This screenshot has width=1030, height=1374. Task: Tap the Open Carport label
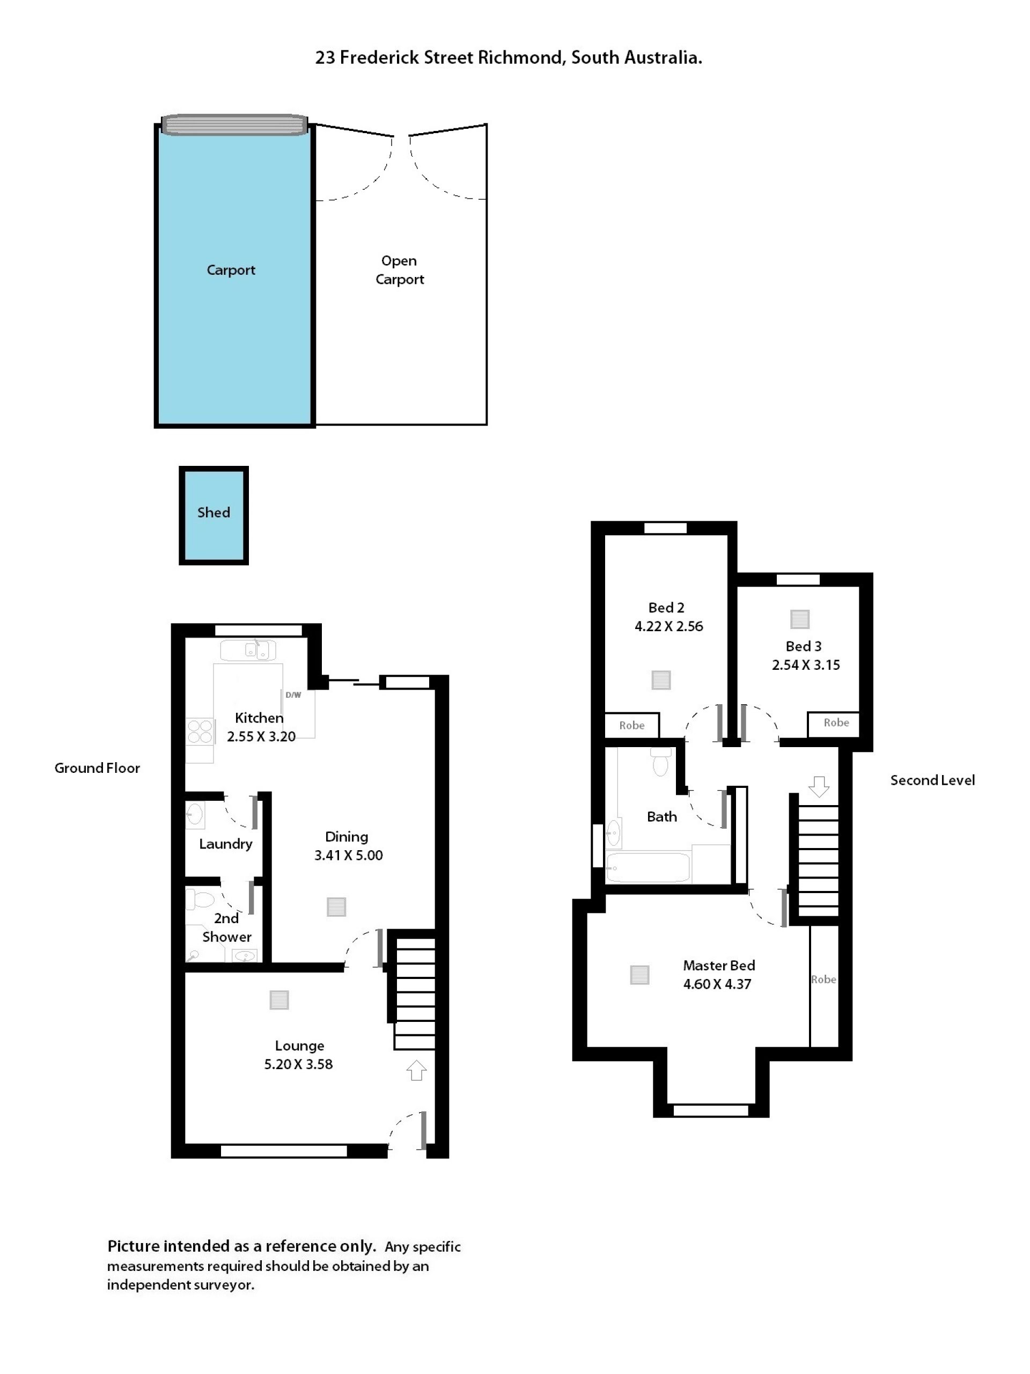(x=399, y=269)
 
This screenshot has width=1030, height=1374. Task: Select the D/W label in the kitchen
(x=293, y=695)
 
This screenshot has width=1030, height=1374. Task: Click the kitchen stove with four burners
(x=200, y=731)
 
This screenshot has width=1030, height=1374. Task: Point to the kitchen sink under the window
(x=248, y=651)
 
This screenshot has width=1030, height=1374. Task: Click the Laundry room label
(x=225, y=844)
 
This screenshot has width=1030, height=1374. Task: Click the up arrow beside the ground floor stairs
(x=416, y=1070)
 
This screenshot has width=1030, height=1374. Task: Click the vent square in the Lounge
(x=279, y=1000)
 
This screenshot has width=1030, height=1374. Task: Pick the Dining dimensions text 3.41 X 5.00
(x=348, y=856)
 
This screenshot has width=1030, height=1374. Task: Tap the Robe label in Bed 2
(x=631, y=725)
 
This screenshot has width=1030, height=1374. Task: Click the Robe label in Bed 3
(x=836, y=722)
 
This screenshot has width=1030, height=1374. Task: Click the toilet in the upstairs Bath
(x=660, y=762)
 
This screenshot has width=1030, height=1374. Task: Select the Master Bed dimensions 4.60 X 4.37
(x=717, y=984)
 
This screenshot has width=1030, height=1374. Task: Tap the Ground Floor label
(x=97, y=768)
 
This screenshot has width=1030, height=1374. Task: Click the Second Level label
(x=932, y=780)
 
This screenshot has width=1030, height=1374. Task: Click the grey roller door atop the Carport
(x=234, y=124)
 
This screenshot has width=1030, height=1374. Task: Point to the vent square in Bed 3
(x=800, y=619)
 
